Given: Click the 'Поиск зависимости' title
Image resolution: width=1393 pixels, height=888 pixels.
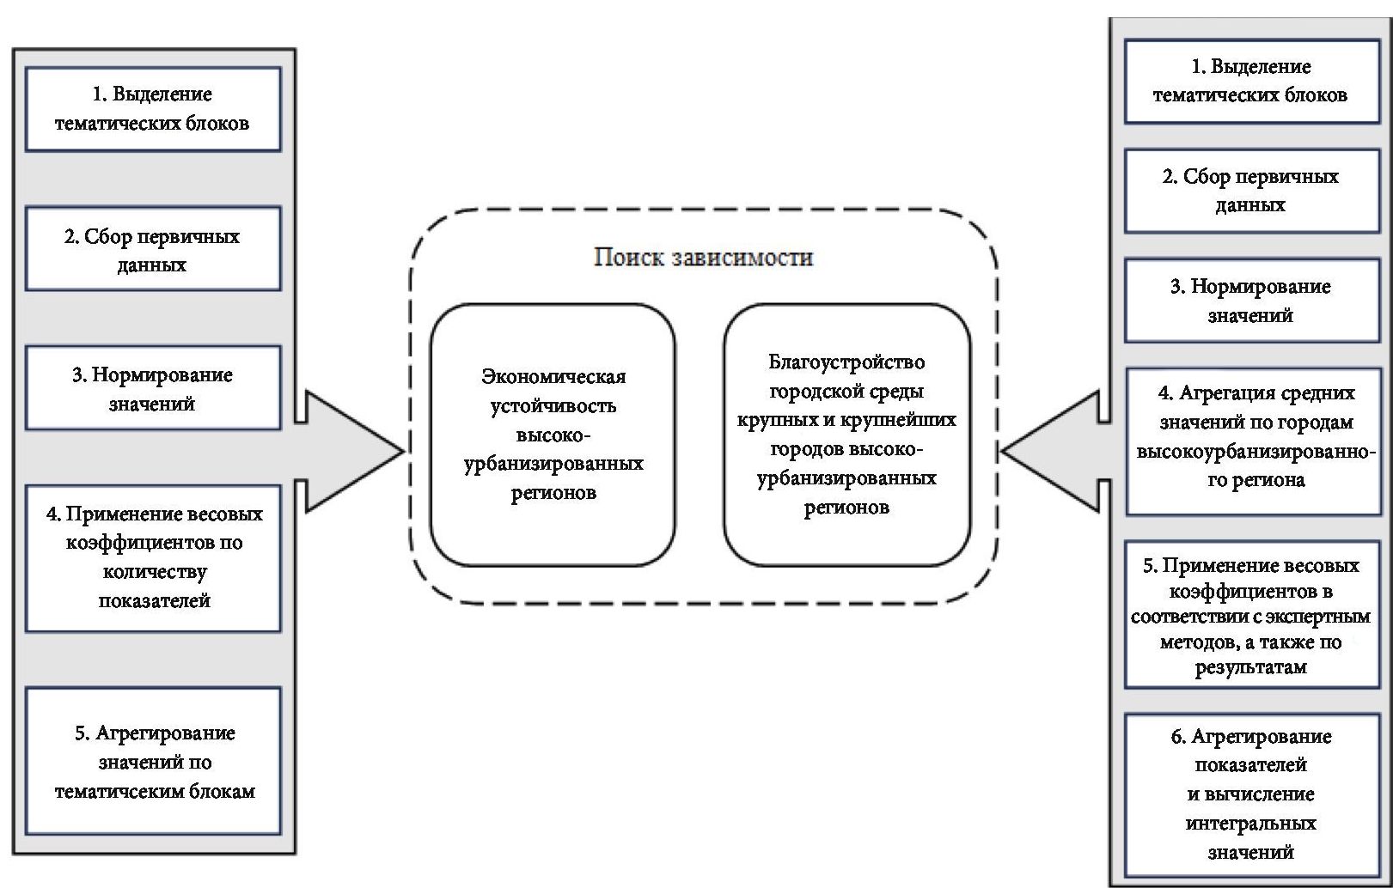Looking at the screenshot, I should [x=703, y=258].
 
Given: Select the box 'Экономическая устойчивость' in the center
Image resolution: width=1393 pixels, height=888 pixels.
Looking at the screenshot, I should [x=553, y=435].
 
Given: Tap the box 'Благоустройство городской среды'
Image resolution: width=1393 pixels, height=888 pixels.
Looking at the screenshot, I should [x=846, y=435].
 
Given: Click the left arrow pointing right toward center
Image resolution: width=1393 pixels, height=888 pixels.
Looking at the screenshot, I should [x=352, y=451].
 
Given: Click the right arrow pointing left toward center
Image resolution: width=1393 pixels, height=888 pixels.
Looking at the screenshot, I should [x=1053, y=451].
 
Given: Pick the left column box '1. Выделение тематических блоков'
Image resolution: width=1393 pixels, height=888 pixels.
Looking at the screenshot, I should [x=153, y=109].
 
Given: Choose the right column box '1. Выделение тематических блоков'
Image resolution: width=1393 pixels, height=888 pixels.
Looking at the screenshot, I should [x=1251, y=82].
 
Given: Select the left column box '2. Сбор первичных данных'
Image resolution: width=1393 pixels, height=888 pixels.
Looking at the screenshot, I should [x=153, y=249].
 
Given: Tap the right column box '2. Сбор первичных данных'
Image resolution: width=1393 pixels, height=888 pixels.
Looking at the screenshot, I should [x=1251, y=191].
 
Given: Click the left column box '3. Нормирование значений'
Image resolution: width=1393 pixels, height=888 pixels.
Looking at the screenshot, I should [x=153, y=388].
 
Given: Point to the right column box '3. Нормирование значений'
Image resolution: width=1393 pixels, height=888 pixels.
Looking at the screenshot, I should [x=1251, y=301].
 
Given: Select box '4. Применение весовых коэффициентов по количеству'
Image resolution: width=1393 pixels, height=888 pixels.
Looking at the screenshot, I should [x=153, y=558].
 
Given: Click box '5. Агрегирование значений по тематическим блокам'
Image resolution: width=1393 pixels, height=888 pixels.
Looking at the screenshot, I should [x=153, y=761].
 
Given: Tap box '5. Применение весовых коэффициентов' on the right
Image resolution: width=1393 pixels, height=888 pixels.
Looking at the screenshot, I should [x=1251, y=615].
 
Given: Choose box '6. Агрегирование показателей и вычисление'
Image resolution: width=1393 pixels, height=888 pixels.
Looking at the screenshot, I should [x=1251, y=794].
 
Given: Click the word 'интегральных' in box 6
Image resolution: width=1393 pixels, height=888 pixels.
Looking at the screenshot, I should [x=1250, y=824].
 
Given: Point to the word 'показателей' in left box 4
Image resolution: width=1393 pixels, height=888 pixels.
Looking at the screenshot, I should [x=154, y=601].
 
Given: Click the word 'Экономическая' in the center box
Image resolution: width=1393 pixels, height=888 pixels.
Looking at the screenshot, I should [x=553, y=377].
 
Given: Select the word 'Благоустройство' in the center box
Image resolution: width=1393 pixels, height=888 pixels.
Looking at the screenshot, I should [x=846, y=362].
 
